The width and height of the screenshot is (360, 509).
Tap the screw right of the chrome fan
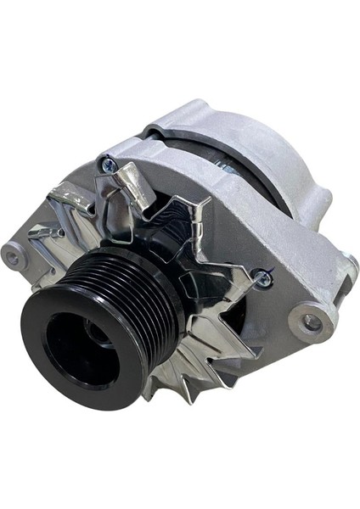[x=263, y=276]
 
